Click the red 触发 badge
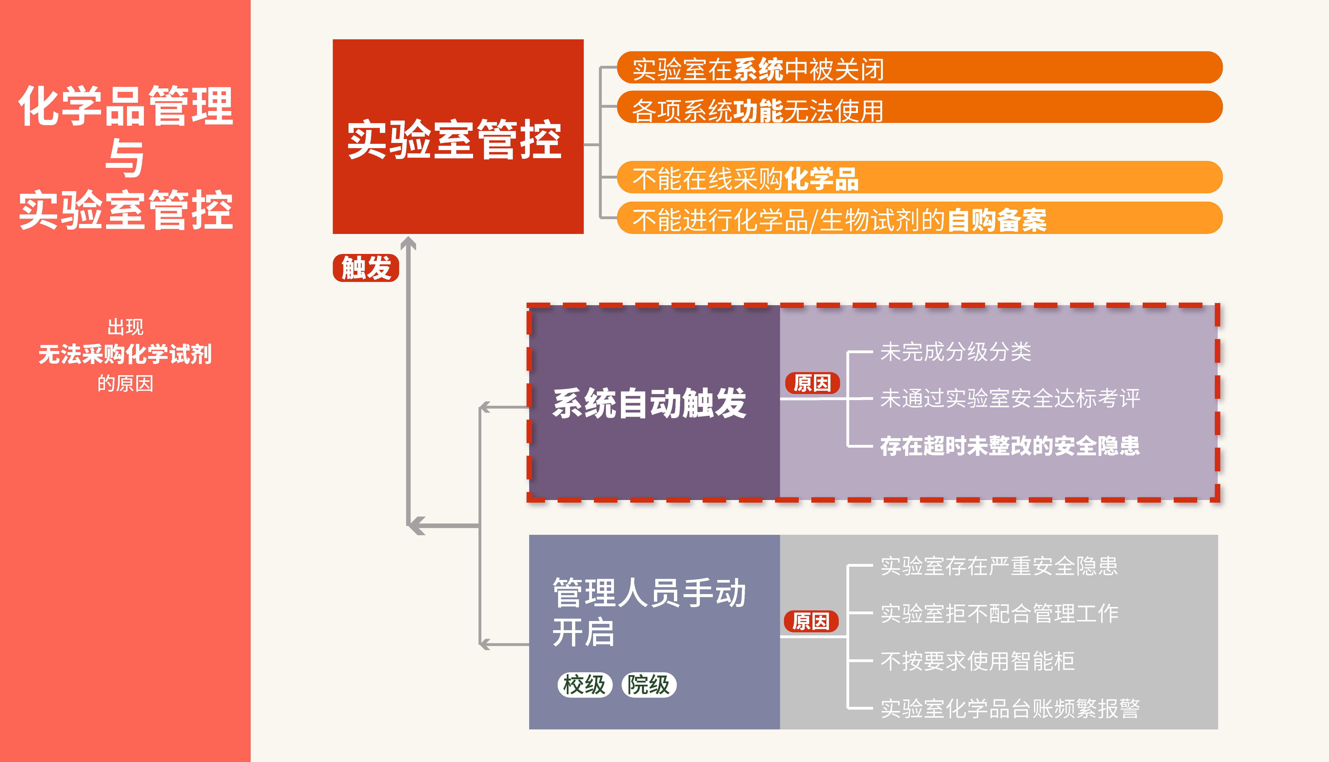[x=366, y=268]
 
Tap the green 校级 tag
[x=584, y=684]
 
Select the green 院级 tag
[x=649, y=684]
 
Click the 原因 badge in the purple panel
[x=812, y=383]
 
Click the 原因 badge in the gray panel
[x=810, y=621]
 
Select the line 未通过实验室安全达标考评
[x=1010, y=398]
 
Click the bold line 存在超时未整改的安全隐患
[x=1010, y=446]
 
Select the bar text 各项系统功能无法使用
[x=758, y=110]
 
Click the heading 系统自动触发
[x=649, y=404]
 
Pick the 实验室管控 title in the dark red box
[x=455, y=139]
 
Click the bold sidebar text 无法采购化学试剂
[x=125, y=354]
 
